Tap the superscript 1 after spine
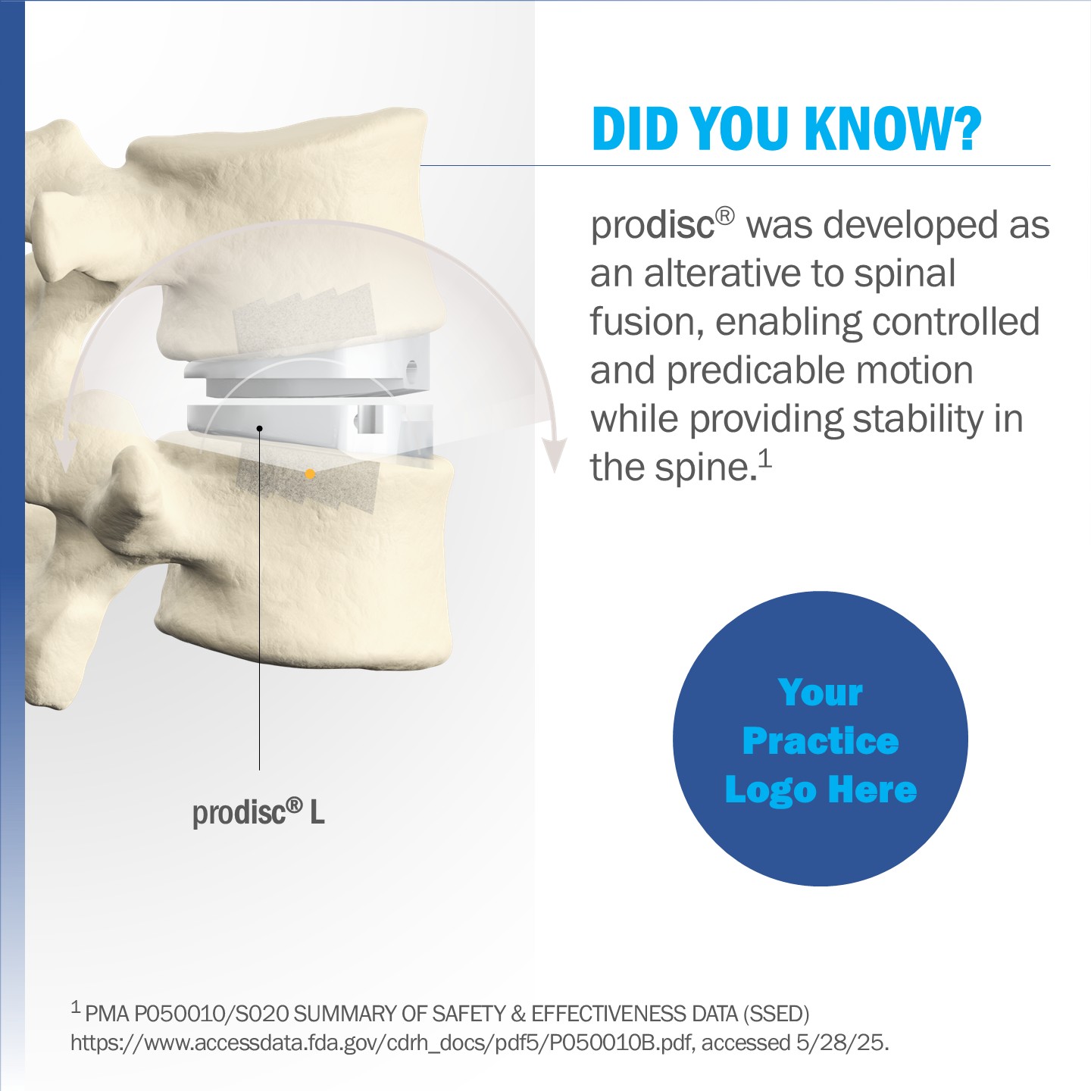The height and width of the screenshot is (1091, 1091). click(x=765, y=458)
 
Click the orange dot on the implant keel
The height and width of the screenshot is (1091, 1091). click(x=310, y=474)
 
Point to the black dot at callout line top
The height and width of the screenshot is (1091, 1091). click(x=259, y=429)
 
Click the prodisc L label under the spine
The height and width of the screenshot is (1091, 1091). click(x=258, y=813)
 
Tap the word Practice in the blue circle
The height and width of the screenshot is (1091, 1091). click(x=821, y=740)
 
